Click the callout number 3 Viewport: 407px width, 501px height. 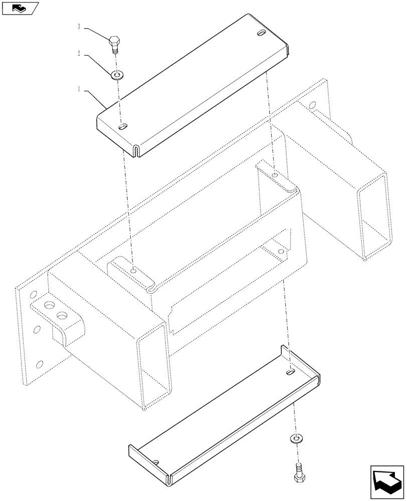click(x=80, y=27)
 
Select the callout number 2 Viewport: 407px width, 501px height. click(x=79, y=53)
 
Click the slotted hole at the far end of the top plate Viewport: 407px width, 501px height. click(x=262, y=34)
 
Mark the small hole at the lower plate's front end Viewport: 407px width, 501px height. click(x=156, y=461)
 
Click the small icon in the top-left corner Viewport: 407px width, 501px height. click(x=19, y=8)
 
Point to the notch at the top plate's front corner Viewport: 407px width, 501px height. click(x=136, y=149)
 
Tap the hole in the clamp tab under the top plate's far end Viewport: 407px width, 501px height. click(x=275, y=175)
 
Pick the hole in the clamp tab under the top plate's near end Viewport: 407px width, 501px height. click(x=133, y=271)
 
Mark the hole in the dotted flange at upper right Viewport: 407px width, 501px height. click(x=313, y=106)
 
